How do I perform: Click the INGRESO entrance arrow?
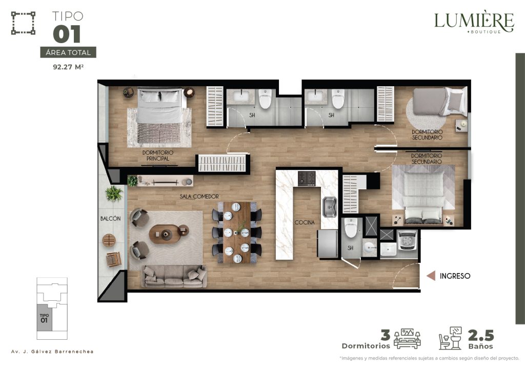(431, 276)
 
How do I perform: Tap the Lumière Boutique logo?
(474, 22)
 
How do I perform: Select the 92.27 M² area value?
(68, 67)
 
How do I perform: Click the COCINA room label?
(305, 222)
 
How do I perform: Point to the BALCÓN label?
(111, 219)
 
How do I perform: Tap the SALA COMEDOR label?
(199, 197)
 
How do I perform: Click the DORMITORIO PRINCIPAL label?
(158, 156)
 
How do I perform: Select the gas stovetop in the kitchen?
(307, 179)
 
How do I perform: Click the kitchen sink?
(330, 207)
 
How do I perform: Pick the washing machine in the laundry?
(407, 240)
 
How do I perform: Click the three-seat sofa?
(174, 276)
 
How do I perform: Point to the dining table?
(237, 233)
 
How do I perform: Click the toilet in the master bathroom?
(265, 99)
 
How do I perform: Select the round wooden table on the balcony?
(109, 240)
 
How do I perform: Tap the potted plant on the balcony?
(114, 193)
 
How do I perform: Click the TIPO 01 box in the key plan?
(45, 318)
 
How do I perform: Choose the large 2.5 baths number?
(481, 335)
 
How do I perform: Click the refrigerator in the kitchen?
(328, 244)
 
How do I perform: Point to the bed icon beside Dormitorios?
(407, 339)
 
